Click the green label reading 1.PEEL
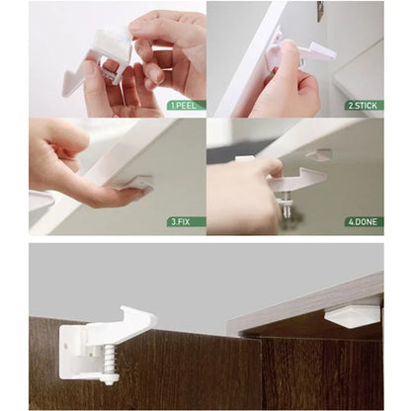[x=185, y=104]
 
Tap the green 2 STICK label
[x=363, y=104]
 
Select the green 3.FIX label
[x=186, y=221]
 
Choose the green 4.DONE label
[x=363, y=221]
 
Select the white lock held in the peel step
[x=99, y=59]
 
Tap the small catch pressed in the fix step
[x=135, y=183]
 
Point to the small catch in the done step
[x=318, y=155]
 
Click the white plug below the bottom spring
[x=109, y=378]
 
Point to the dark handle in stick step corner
[x=320, y=10]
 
